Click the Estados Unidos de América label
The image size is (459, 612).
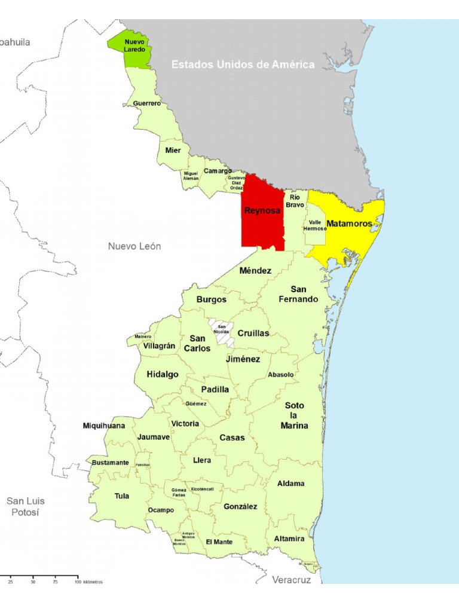pos(243,65)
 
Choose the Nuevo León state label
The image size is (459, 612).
pos(134,246)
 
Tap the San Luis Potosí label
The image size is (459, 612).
pos(26,507)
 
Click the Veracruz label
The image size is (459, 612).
pos(292,580)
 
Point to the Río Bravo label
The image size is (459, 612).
pos(294,201)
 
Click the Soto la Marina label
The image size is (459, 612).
pos(295,415)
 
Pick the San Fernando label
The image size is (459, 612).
pos(298,294)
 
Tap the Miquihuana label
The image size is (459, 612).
pos(104,426)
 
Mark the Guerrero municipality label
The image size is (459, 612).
pos(146,103)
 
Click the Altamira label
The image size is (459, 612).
pos(289,538)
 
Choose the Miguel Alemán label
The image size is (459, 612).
pos(191,176)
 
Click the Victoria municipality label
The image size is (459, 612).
pos(185,424)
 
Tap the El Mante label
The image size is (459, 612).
pos(219,541)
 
